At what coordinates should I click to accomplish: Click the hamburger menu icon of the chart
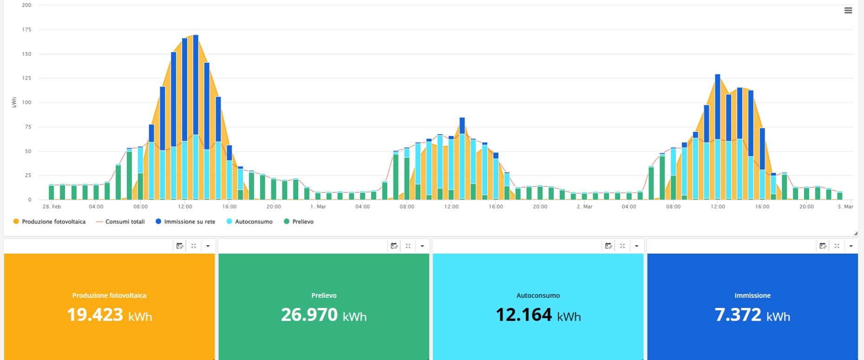tap(848, 10)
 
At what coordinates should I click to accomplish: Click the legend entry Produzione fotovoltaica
tap(49, 222)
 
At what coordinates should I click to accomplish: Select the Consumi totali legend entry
tap(120, 222)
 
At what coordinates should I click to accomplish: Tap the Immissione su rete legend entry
tap(185, 222)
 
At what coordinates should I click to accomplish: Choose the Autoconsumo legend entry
tap(249, 222)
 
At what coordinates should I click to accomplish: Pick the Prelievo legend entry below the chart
tap(299, 222)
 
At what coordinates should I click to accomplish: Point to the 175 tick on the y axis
tap(26, 29)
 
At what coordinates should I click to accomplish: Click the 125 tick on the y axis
tap(26, 78)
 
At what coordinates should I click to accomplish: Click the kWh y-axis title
tap(14, 102)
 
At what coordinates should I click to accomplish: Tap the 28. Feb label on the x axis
tap(52, 207)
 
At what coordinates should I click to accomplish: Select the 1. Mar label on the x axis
tap(318, 207)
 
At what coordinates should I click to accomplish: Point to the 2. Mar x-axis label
tap(584, 207)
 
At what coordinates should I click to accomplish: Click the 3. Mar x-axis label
tap(845, 207)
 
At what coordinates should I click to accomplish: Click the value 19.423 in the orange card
tap(95, 315)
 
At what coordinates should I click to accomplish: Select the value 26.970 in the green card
tap(309, 315)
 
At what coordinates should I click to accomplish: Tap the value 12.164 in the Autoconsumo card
tap(524, 315)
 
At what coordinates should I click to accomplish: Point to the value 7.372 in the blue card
tap(738, 315)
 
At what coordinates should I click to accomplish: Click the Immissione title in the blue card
tap(753, 295)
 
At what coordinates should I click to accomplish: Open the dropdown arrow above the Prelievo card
tap(422, 246)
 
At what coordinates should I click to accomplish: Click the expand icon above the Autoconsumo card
tap(622, 246)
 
